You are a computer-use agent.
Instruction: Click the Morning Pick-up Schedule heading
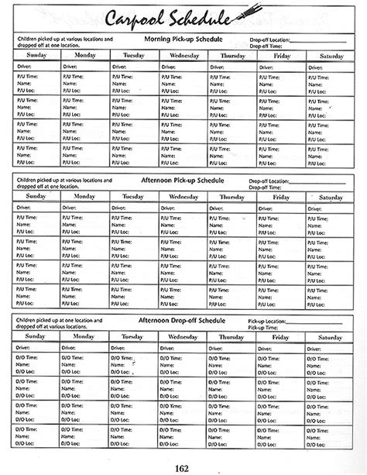183,37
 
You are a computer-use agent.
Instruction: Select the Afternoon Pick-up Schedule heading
183,180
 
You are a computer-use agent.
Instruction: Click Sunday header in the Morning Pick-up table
36,55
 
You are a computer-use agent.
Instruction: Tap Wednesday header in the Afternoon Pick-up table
183,197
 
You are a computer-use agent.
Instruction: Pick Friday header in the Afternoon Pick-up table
281,197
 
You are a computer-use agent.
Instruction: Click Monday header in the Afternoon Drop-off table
84,337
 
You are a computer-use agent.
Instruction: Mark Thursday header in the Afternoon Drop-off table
232,337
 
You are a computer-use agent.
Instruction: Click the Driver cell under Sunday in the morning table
36,67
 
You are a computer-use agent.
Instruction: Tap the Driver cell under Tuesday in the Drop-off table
133,349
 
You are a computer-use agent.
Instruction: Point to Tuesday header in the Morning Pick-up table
133,55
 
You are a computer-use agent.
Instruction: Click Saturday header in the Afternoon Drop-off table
330,337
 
